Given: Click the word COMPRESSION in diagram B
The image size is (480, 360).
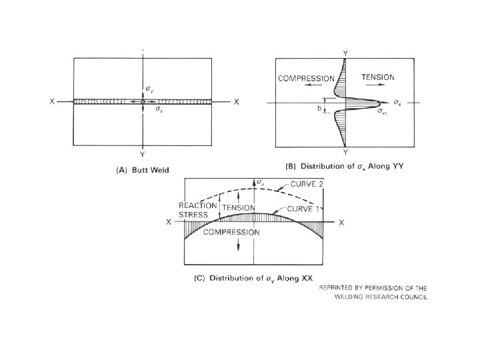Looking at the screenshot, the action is click(x=307, y=78).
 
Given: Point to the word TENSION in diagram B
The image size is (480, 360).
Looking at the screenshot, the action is click(x=377, y=77).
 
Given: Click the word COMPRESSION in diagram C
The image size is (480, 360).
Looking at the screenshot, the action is click(x=231, y=231).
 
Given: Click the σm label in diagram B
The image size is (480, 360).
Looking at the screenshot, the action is click(x=381, y=112).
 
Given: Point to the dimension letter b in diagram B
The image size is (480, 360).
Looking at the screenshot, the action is click(x=319, y=107).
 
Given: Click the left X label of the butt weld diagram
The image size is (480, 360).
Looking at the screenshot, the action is click(x=52, y=101).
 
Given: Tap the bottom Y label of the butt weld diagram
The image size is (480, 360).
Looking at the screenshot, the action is click(x=143, y=153).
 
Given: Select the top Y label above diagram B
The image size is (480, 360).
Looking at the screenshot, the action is click(x=344, y=52).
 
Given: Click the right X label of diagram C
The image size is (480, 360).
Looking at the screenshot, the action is click(x=341, y=223).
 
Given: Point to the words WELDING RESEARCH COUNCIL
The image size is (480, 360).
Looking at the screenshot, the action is click(x=381, y=297).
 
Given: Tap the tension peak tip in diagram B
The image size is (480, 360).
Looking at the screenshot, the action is click(x=381, y=103).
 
